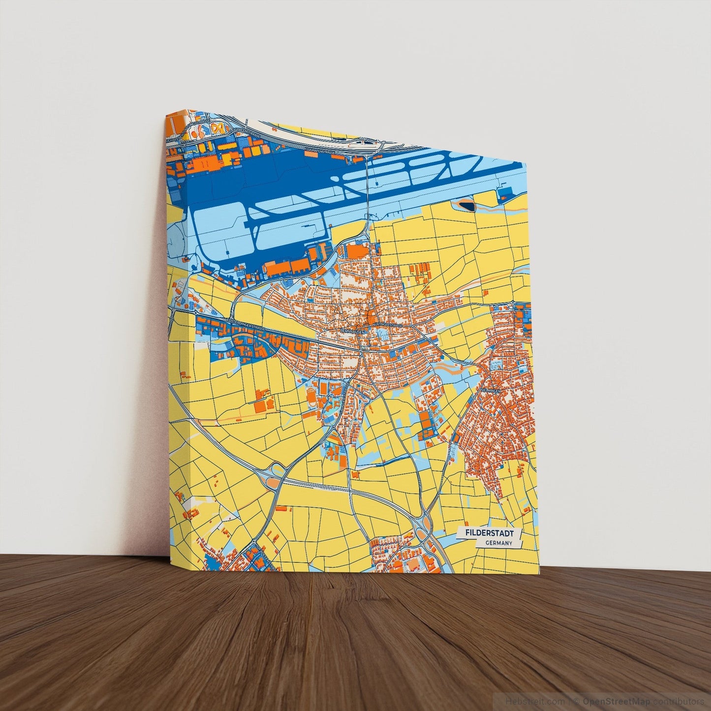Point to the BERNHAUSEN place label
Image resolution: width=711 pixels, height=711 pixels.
point(352,332)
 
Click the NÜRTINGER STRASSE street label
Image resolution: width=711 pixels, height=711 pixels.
point(387,325)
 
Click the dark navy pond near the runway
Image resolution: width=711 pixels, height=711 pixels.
point(467,204)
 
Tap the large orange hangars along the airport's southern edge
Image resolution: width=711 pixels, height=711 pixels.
point(287,267)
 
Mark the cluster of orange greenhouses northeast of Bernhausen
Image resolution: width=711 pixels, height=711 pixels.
point(420,271)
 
